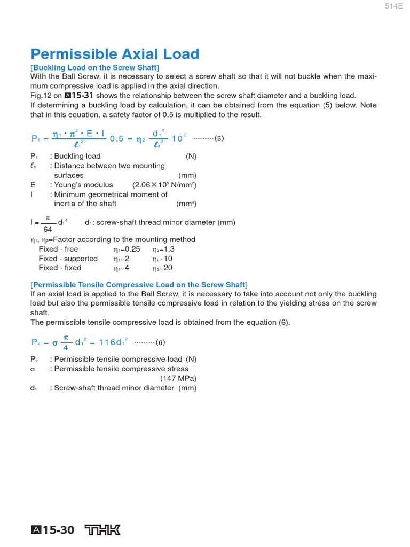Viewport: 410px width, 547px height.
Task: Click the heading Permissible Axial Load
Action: click(x=115, y=54)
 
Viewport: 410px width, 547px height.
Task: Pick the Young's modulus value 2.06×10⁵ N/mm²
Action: click(x=164, y=185)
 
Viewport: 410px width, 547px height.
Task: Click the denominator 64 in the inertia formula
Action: click(x=48, y=230)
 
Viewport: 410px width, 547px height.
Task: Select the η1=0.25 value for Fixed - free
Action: click(x=127, y=249)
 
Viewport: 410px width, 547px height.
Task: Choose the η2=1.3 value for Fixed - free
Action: click(x=163, y=249)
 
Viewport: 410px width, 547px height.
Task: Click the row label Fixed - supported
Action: click(x=68, y=259)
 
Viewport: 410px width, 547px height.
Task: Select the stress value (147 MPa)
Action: click(x=178, y=378)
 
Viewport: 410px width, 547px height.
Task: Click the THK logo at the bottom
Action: click(x=103, y=530)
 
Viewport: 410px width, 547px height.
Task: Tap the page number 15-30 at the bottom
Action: click(x=58, y=530)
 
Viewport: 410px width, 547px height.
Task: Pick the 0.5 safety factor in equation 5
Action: click(x=116, y=138)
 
